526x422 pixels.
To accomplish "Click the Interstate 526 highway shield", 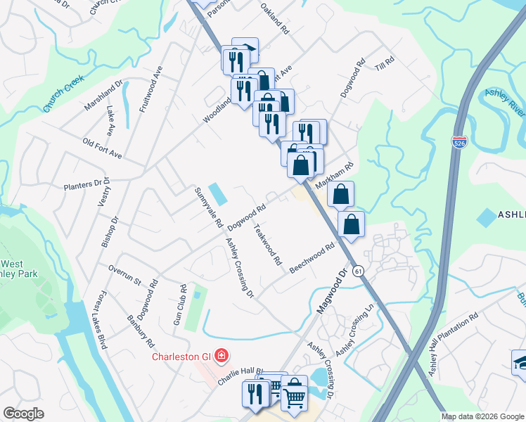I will pyautogui.click(x=459, y=143).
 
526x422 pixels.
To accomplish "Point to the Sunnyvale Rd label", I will pyautogui.click(x=209, y=207).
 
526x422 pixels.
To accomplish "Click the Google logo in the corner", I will pyautogui.click(x=23, y=414).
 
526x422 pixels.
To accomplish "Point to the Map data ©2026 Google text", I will pyautogui.click(x=482, y=416).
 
